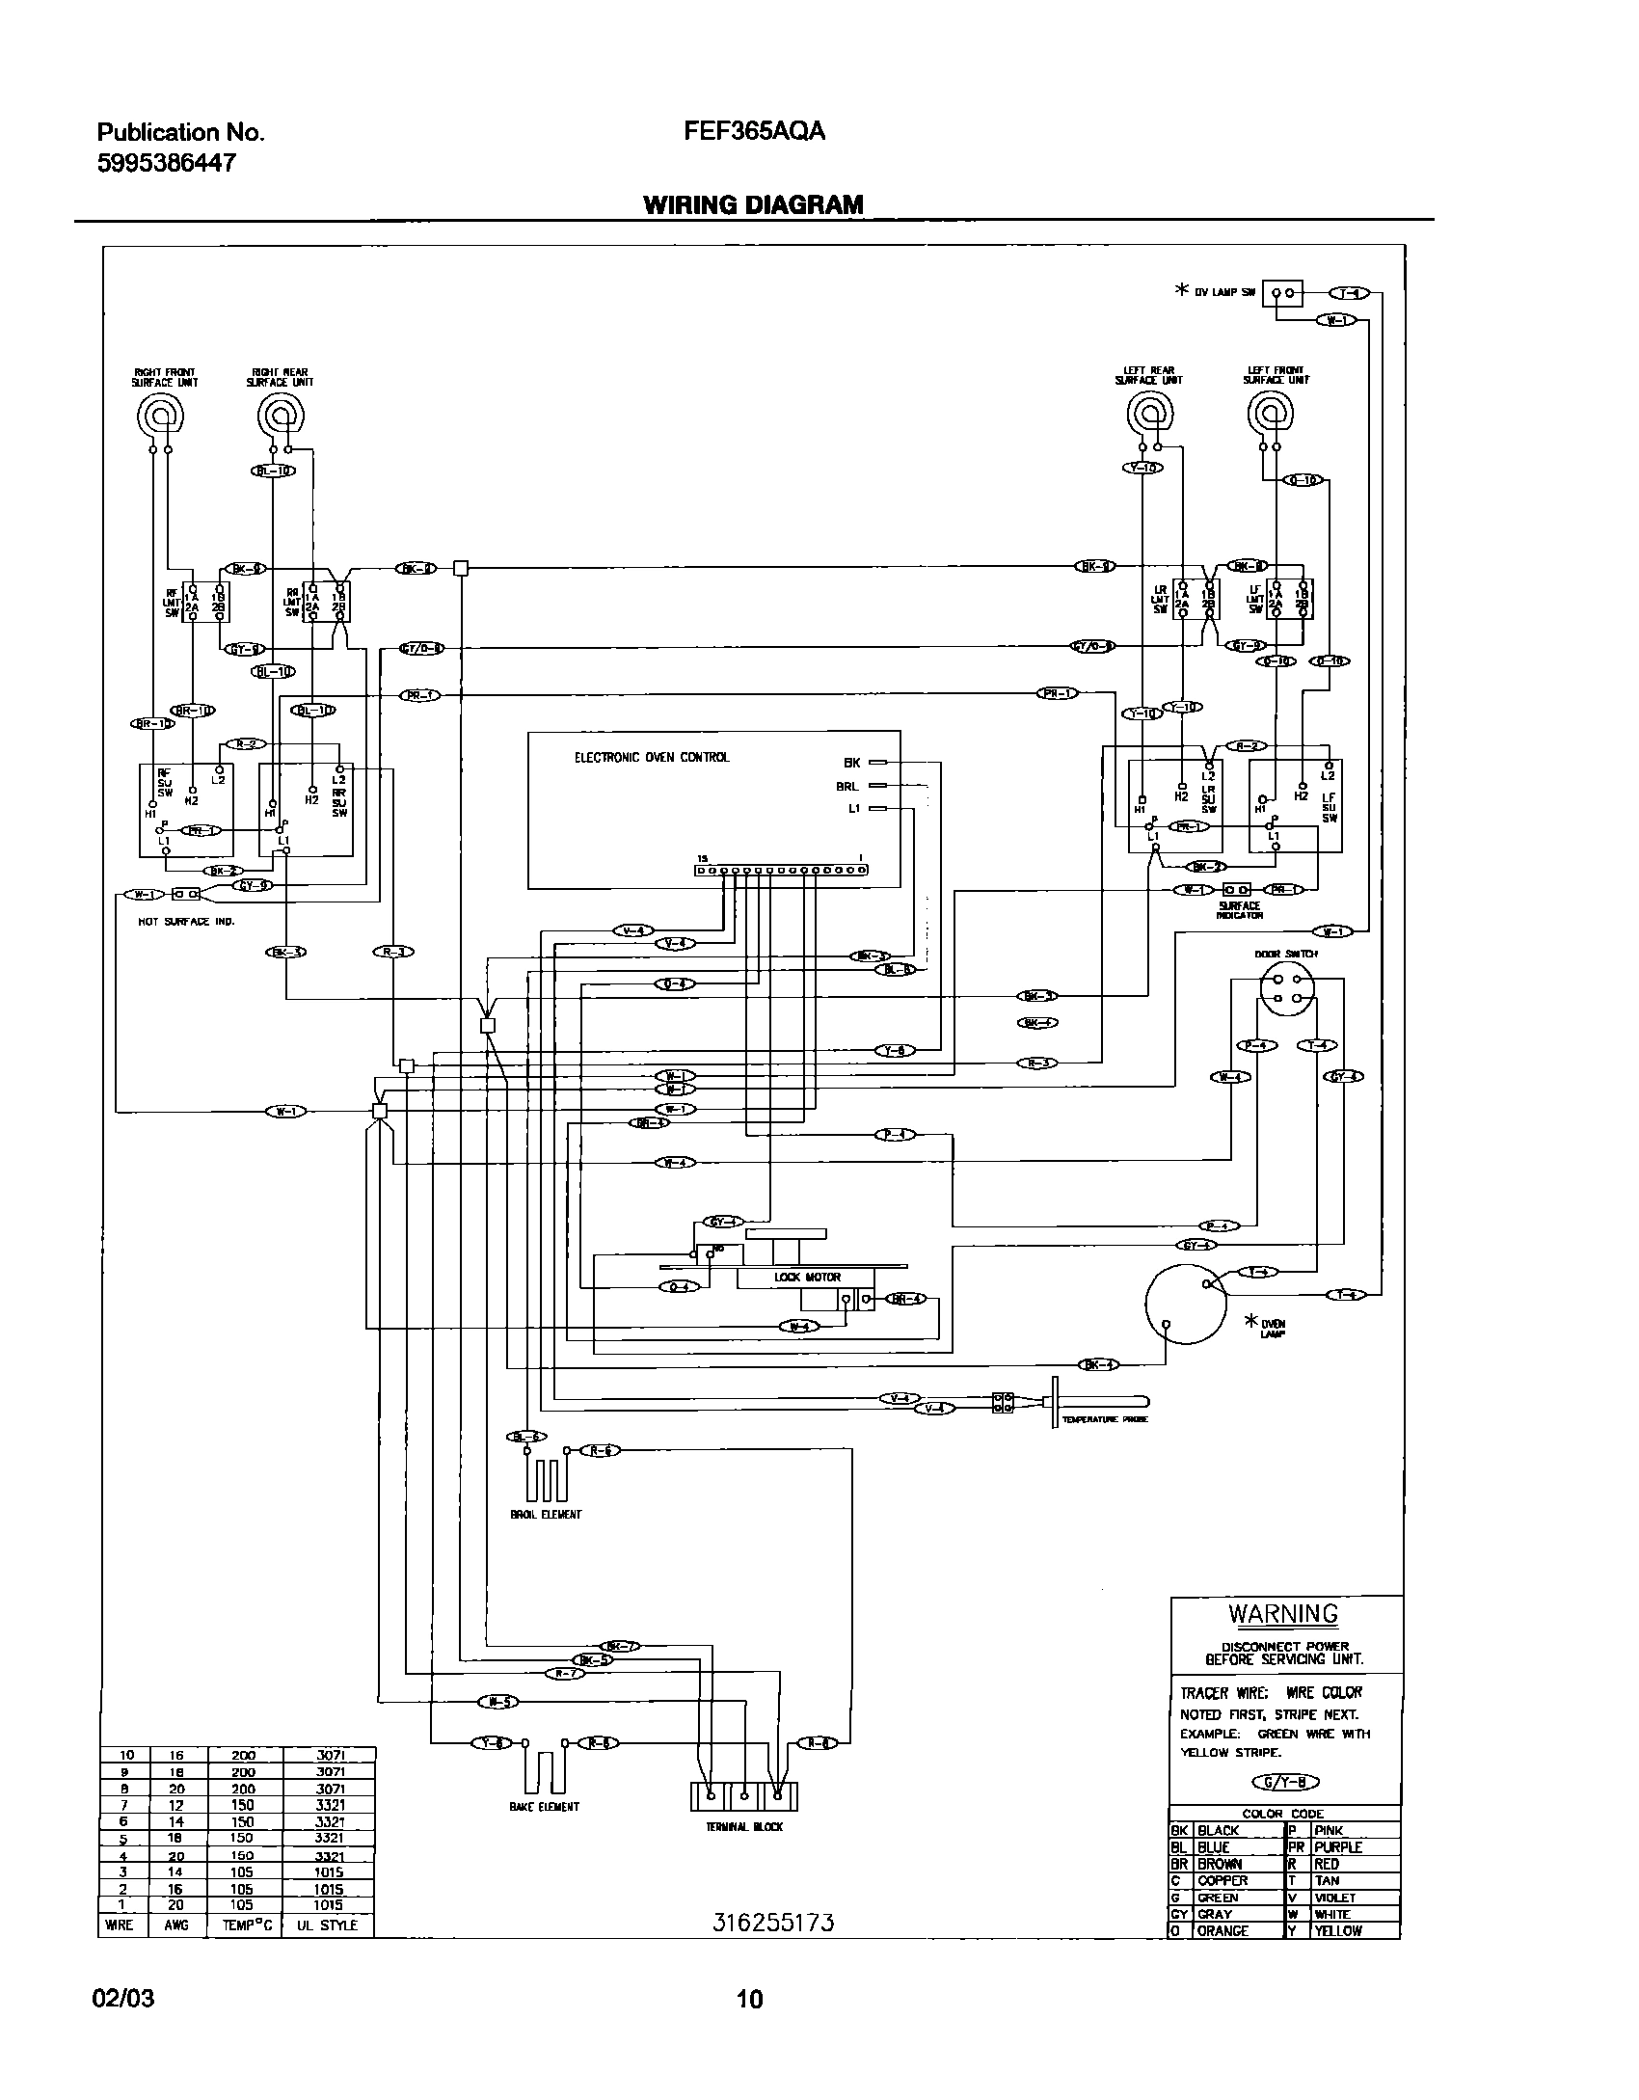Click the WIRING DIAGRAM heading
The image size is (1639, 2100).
tap(752, 204)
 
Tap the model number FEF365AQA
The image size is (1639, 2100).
tap(754, 132)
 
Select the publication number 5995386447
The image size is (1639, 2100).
tap(166, 164)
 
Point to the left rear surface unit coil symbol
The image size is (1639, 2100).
tap(1149, 416)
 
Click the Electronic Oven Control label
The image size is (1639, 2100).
tap(652, 758)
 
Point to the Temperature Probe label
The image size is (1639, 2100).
tap(1104, 1419)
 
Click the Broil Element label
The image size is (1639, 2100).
tap(546, 1515)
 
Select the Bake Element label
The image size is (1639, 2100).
tap(545, 1807)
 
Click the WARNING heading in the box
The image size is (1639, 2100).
tap(1282, 1614)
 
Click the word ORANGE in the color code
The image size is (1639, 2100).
tap(1223, 1931)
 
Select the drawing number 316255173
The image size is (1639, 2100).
tap(772, 1923)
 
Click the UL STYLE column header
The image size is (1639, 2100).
tap(328, 1925)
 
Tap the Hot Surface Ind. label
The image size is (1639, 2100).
tap(186, 921)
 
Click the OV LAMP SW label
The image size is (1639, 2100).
tap(1224, 292)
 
